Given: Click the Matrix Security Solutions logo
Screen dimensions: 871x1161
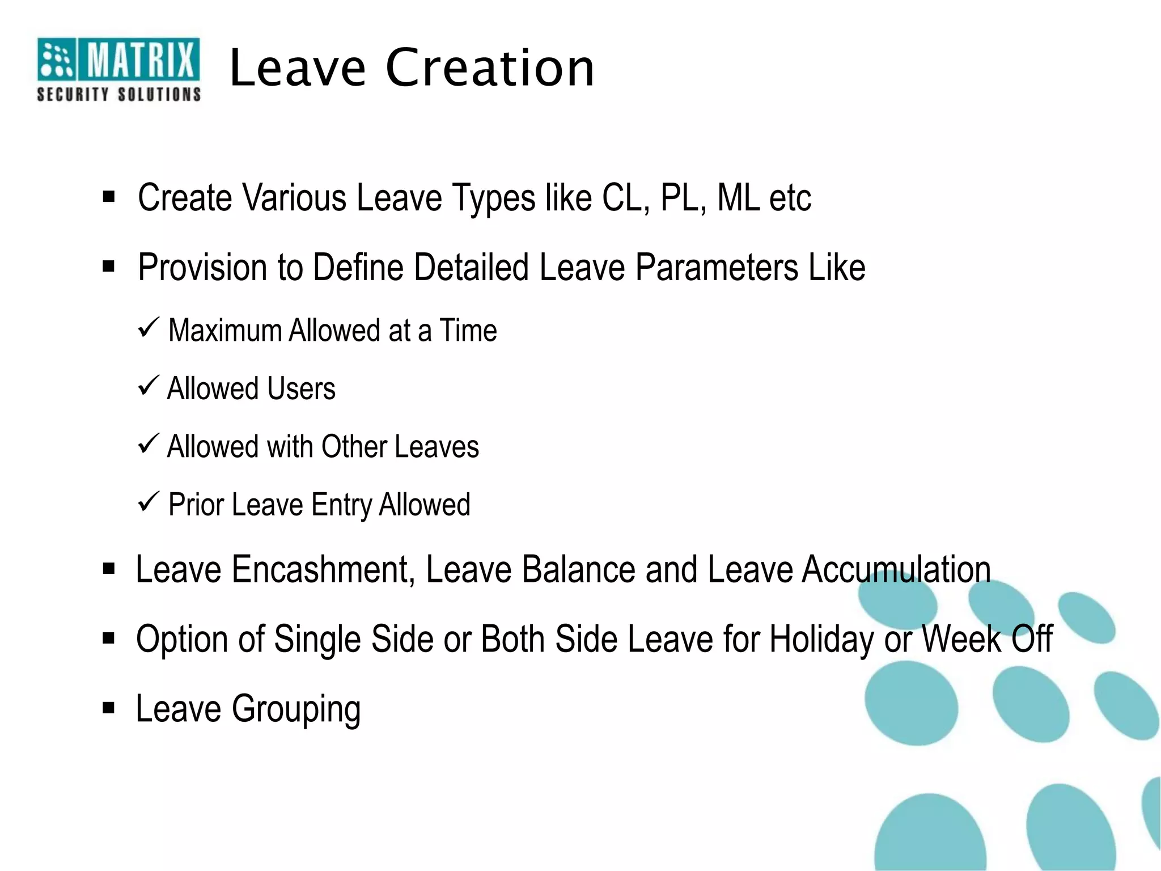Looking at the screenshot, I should coord(118,69).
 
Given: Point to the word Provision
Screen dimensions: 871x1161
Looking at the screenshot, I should coord(202,268).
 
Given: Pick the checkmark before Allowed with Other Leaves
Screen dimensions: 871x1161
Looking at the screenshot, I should coord(149,444).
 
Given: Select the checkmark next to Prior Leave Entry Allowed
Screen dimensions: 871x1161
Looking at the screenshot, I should coord(149,502).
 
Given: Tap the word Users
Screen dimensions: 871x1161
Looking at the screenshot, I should coord(301,389).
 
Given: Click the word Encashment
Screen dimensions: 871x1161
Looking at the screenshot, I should coord(324,569).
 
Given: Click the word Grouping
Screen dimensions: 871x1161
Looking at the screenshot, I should coord(296,709).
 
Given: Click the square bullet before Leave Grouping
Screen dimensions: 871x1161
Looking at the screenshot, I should coord(109,708).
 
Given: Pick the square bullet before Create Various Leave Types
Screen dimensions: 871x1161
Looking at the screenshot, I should coord(109,197).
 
